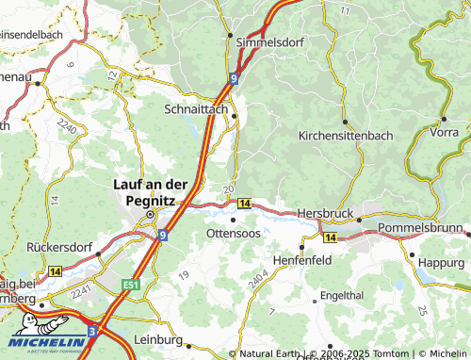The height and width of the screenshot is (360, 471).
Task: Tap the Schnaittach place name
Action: pos(195,109)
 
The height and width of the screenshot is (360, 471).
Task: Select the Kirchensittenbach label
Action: pos(347,137)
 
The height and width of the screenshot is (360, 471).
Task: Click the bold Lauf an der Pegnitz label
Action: pos(151,192)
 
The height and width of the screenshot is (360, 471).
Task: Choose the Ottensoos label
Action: pos(234,232)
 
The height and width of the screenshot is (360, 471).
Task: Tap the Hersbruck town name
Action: pos(324,214)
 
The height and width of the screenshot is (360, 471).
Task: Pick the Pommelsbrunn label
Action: pos(422,229)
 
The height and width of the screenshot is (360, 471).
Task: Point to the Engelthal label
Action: pos(341,295)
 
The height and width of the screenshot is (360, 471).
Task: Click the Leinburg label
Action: pos(159,339)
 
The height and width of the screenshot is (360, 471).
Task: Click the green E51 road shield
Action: pos(129,282)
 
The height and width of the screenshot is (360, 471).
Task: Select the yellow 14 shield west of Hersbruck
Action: pos(244,204)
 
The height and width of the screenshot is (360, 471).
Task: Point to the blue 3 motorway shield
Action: pos(92,332)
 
